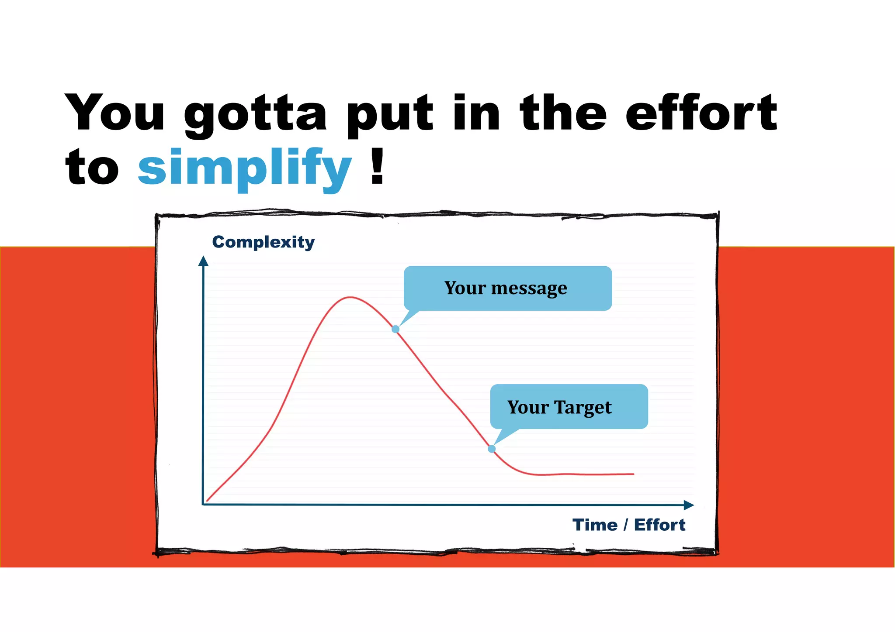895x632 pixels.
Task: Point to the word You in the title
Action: pyautogui.click(x=115, y=113)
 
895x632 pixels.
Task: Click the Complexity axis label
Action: pyautogui.click(x=263, y=242)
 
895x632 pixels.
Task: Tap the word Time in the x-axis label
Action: pyautogui.click(x=595, y=525)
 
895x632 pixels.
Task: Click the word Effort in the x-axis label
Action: pyautogui.click(x=659, y=525)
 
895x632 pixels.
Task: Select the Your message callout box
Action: pyautogui.click(x=507, y=288)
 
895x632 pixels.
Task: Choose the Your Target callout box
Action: pyautogui.click(x=568, y=407)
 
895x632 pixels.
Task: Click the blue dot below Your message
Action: pyautogui.click(x=395, y=329)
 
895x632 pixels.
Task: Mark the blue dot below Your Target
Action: pyautogui.click(x=492, y=449)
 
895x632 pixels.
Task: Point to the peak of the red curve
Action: pyautogui.click(x=350, y=298)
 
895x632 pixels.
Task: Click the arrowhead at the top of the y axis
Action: pyautogui.click(x=203, y=261)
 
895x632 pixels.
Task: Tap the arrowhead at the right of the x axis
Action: pyautogui.click(x=689, y=505)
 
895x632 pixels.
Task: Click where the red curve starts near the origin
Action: pyautogui.click(x=208, y=500)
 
